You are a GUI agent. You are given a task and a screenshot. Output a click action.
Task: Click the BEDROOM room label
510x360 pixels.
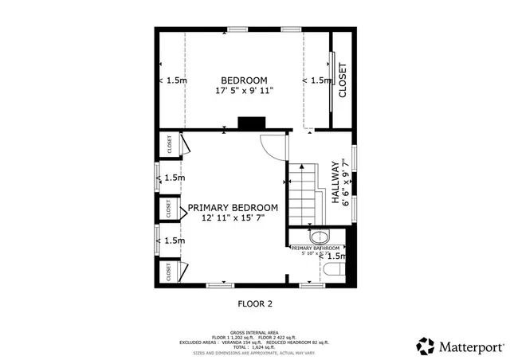pyautogui.click(x=243, y=80)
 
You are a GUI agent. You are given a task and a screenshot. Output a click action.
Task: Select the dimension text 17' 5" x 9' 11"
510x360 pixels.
pyautogui.click(x=243, y=91)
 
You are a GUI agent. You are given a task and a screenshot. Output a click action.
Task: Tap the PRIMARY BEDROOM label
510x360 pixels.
pyautogui.click(x=233, y=207)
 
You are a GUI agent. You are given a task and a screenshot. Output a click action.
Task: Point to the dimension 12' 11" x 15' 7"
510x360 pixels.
pyautogui.click(x=233, y=217)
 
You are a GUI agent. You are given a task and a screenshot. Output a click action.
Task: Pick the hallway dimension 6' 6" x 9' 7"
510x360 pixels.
pyautogui.click(x=346, y=183)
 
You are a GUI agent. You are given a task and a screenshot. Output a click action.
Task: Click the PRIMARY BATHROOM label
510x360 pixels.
pyautogui.click(x=320, y=248)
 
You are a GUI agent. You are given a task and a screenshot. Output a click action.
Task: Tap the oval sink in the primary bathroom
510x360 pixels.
pyautogui.click(x=319, y=237)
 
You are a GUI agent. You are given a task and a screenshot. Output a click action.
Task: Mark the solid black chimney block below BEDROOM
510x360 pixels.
pyautogui.click(x=252, y=123)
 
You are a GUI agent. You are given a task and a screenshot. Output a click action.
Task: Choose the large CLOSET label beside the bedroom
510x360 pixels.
pyautogui.click(x=343, y=80)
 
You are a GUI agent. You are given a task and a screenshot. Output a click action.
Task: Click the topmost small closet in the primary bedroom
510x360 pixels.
pyautogui.click(x=169, y=144)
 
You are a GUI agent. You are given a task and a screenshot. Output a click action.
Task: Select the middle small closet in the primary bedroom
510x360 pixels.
pyautogui.click(x=169, y=208)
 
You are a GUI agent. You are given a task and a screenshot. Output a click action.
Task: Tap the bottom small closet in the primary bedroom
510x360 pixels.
pyautogui.click(x=169, y=272)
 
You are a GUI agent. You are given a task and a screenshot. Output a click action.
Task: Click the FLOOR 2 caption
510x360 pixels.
pyautogui.click(x=255, y=303)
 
